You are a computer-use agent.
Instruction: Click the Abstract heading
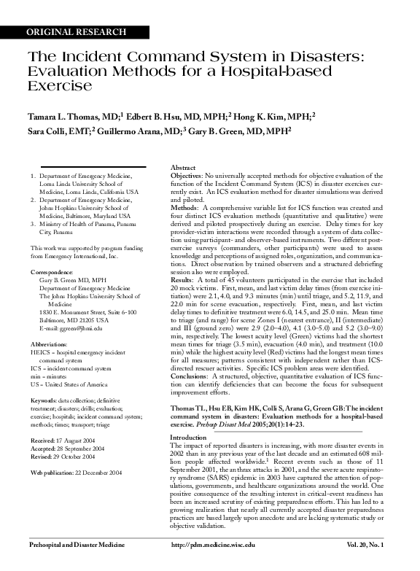click(x=182, y=168)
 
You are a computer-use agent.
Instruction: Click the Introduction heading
click(x=188, y=438)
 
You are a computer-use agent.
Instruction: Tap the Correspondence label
click(x=53, y=271)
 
